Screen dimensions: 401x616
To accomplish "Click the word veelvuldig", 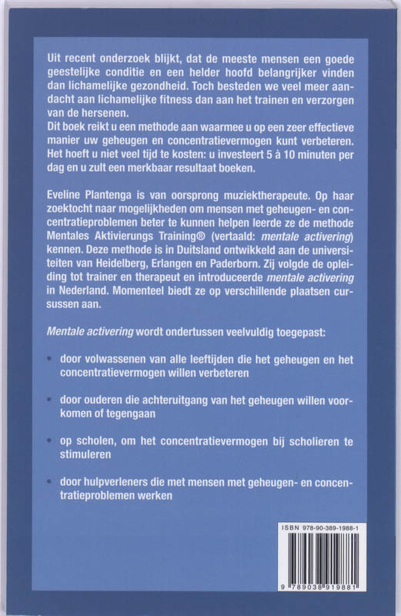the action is click(261, 333).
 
